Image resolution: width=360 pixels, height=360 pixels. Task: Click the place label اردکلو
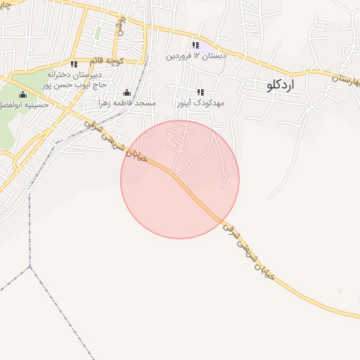pyautogui.click(x=283, y=85)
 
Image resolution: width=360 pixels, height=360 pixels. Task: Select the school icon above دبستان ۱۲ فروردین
pyautogui.click(x=195, y=46)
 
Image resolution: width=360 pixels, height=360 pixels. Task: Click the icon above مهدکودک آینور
pyautogui.click(x=200, y=92)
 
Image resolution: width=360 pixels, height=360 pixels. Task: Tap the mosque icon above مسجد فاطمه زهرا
pyautogui.click(x=127, y=92)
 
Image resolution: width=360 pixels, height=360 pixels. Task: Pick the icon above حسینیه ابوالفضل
pyautogui.click(x=22, y=94)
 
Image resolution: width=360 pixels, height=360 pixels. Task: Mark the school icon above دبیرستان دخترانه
pyautogui.click(x=74, y=64)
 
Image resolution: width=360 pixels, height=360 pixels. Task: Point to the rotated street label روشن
pyautogui.click(x=121, y=24)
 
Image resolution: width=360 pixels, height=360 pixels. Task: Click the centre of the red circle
pyautogui.click(x=180, y=179)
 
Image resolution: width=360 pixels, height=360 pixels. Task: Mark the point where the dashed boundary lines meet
pyautogui.click(x=30, y=267)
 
